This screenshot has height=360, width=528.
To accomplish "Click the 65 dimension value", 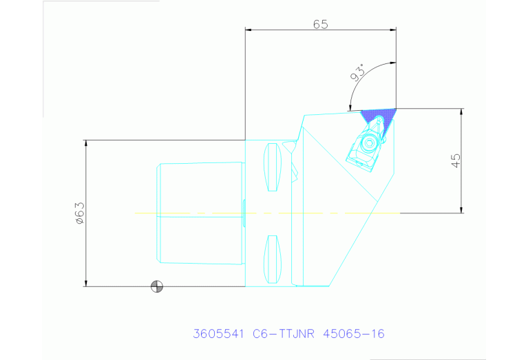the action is [320, 24].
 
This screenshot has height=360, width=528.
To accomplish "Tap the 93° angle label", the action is [357, 73].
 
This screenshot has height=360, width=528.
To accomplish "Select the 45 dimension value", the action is [456, 160].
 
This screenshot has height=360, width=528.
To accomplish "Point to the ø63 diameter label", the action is [80, 213].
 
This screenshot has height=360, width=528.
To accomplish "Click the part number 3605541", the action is [218, 334].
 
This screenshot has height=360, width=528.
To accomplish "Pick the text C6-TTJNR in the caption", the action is [284, 334].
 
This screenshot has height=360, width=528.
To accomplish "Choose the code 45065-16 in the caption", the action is [354, 334].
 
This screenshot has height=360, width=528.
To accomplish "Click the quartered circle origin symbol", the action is [156, 286].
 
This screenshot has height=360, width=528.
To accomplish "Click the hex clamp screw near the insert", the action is [370, 142].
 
